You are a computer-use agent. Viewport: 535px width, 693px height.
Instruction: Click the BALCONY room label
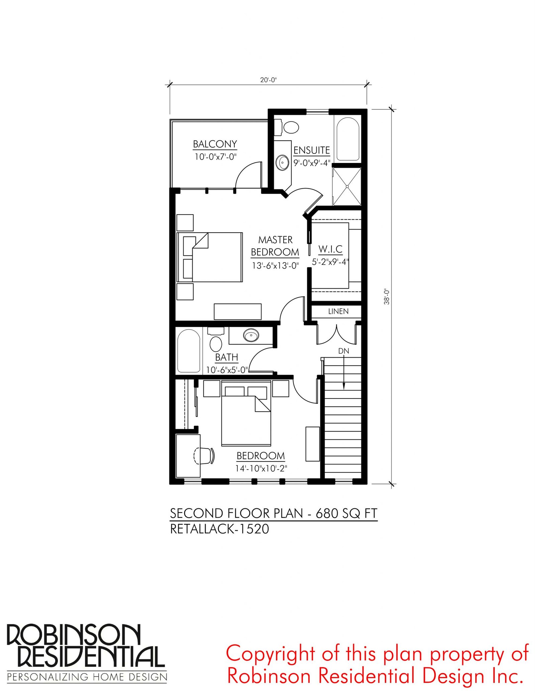pos(215,144)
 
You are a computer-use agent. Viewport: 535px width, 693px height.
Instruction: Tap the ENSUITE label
pos(312,151)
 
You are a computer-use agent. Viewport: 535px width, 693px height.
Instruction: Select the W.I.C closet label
pos(330,249)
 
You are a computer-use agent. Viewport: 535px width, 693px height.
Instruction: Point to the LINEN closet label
pos(338,312)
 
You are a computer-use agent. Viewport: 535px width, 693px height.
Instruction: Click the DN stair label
pos(344,351)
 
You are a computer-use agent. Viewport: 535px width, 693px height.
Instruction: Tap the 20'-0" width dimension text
pos(269,80)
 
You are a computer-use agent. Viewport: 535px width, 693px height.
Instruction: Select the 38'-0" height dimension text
pos(387,296)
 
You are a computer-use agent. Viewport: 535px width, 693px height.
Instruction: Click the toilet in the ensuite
pos(287,127)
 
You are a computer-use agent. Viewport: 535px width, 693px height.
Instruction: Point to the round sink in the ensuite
pos(283,163)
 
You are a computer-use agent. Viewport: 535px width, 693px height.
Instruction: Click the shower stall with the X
pos(347,187)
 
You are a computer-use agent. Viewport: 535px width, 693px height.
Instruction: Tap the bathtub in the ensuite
pos(348,139)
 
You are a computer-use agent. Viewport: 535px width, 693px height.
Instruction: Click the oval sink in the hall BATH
pos(251,335)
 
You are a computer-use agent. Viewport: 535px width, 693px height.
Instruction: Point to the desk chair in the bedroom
pos(204,456)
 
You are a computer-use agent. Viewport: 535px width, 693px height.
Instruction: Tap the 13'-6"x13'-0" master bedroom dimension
pos(275,266)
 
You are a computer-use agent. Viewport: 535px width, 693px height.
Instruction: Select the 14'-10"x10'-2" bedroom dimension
pos(261,468)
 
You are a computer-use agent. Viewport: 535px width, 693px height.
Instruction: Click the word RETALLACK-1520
pos(220,529)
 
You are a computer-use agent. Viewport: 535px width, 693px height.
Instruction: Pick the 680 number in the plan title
pos(327,513)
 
